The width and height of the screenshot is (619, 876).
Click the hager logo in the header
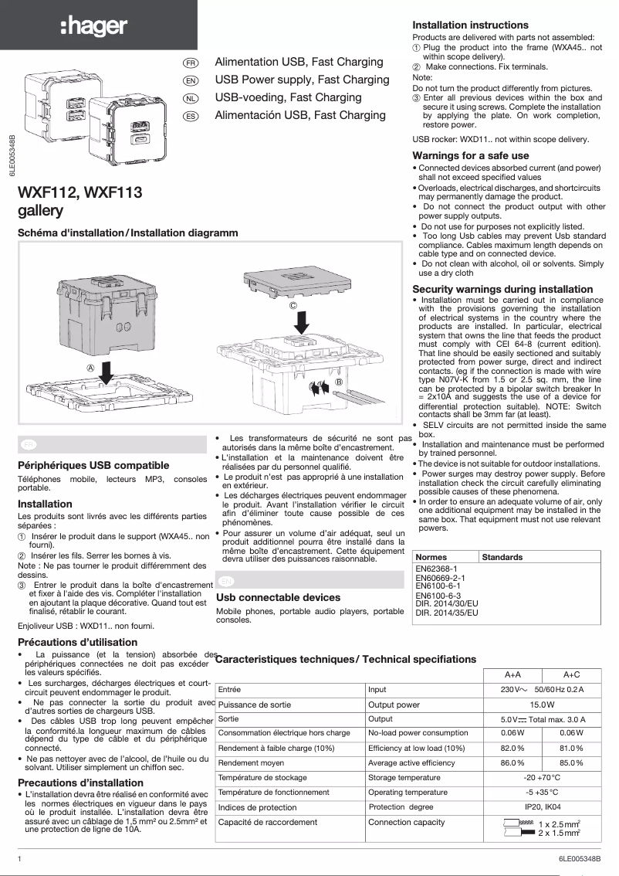[94, 26]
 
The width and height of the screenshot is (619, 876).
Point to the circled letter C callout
[293, 306]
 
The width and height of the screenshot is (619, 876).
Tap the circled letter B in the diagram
[338, 382]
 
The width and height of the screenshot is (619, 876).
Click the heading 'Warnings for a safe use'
[471, 155]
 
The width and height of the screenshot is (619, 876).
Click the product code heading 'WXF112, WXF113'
[80, 193]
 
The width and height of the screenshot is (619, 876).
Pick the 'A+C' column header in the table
[571, 674]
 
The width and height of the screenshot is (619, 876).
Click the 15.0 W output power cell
[543, 705]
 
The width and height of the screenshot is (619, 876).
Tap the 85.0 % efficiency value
[571, 762]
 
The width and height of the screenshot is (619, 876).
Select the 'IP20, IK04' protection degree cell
[543, 807]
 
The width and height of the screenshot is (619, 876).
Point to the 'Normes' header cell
[431, 557]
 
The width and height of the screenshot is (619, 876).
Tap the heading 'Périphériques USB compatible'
[93, 465]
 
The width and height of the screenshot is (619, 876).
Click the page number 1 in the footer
[19, 858]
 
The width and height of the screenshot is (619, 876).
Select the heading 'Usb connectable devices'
[278, 597]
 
